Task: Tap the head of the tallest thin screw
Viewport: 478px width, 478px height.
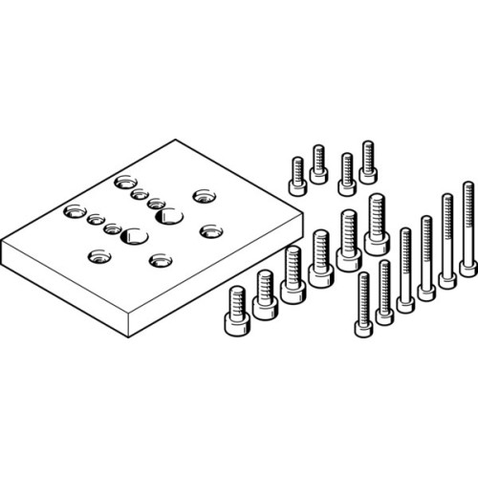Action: [468, 267]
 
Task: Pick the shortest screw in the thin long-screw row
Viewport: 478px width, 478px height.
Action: [363, 306]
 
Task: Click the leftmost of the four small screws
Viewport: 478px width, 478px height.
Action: [297, 176]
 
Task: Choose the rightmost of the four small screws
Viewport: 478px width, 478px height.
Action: [368, 162]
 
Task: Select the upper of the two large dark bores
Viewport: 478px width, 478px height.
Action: [169, 216]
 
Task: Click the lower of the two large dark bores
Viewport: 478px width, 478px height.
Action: [135, 236]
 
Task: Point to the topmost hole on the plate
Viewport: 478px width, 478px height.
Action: [124, 181]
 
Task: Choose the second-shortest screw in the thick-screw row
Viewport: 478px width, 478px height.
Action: [265, 294]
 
